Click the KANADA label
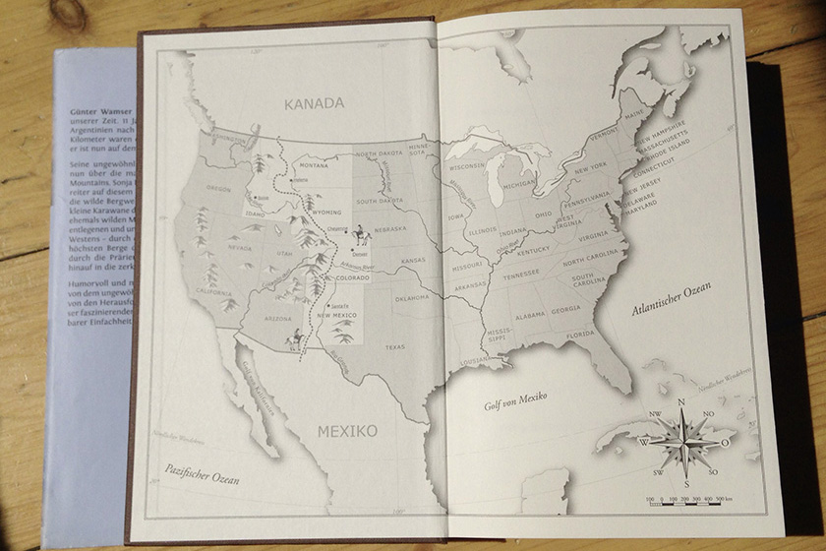pos(314,103)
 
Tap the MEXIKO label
pos(346,431)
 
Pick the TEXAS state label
pos(394,346)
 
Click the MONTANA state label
pos(314,166)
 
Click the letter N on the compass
pos(680,401)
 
